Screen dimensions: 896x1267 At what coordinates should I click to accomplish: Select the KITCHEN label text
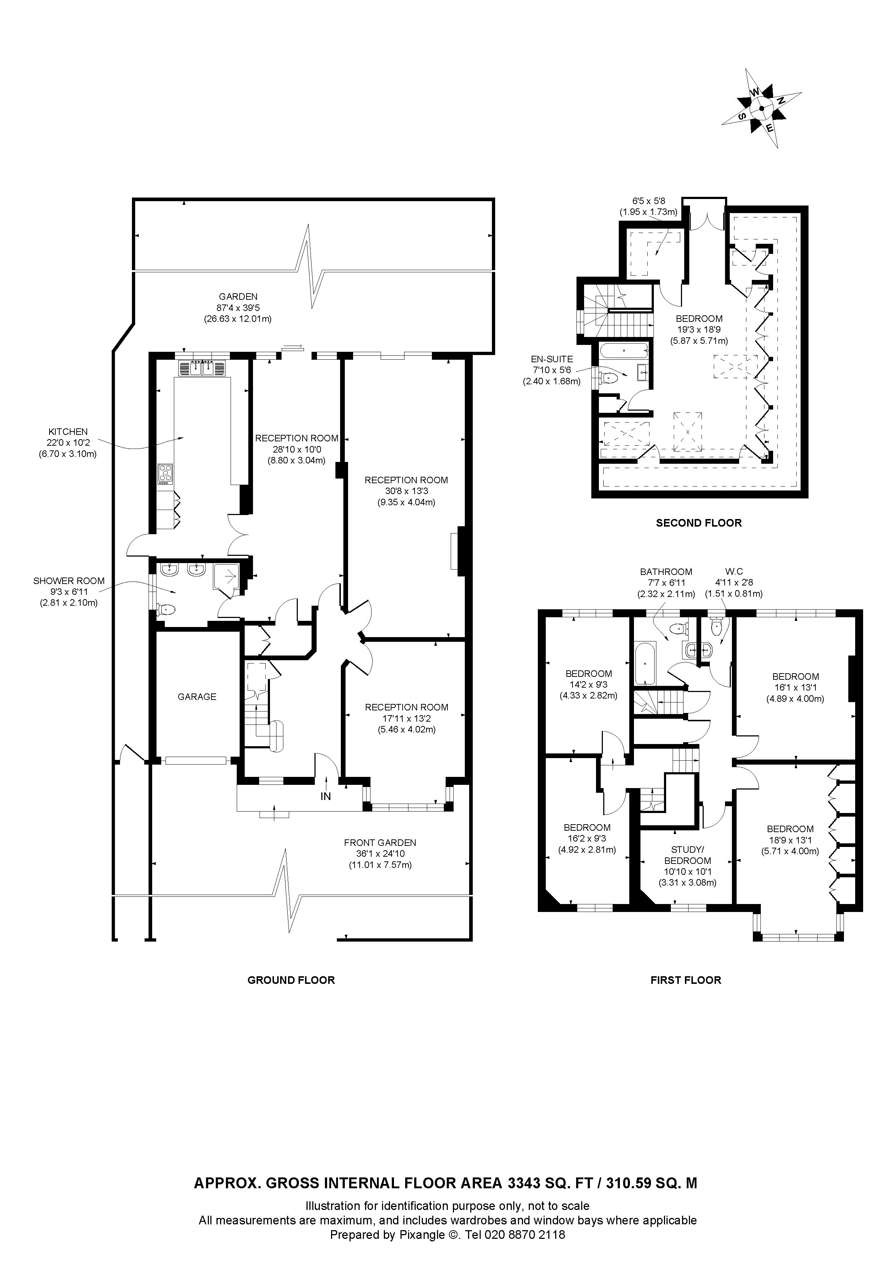pos(68,432)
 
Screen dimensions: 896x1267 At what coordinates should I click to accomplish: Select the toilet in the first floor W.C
pos(717,625)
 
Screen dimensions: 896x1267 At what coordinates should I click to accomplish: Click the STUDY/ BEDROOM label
pos(687,855)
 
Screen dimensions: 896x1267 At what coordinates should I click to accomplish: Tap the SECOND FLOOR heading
pos(699,523)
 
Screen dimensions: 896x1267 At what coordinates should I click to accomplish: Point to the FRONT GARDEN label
pos(380,843)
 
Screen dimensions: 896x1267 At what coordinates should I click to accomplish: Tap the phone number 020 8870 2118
pos(524,1230)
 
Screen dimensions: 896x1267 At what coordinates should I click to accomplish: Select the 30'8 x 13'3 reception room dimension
pos(406,491)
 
